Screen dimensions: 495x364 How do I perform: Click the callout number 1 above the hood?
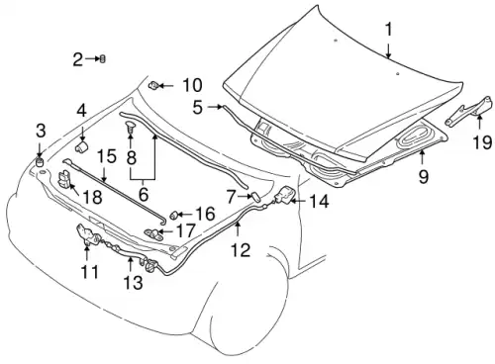389,29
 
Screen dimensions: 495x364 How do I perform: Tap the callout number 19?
482,142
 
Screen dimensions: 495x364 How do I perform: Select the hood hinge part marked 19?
469,111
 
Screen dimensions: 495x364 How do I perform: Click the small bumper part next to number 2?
103,59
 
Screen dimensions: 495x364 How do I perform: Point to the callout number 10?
192,85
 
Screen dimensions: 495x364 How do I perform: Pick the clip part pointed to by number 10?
153,85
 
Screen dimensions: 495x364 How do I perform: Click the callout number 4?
81,111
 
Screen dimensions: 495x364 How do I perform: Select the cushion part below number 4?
81,146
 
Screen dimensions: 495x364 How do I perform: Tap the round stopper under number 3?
40,161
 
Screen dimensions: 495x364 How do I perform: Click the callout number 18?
93,197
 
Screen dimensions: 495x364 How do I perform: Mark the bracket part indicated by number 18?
64,180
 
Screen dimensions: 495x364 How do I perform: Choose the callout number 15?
107,156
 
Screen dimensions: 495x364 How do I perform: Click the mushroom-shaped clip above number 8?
131,126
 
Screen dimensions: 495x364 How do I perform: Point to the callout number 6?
144,194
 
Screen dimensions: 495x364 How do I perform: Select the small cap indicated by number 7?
255,197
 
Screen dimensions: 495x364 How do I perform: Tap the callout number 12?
241,250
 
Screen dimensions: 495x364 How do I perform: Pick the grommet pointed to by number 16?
174,215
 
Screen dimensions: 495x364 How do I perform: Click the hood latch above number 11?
87,233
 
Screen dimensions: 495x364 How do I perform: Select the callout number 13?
134,283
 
